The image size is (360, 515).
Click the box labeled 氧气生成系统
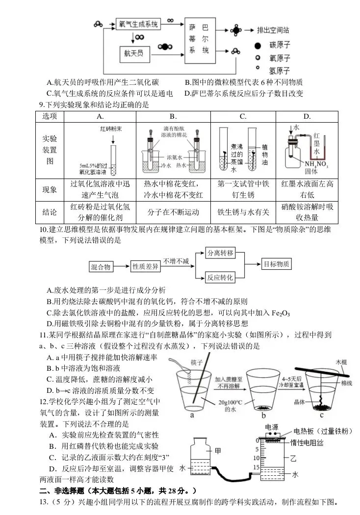(x=138, y=24)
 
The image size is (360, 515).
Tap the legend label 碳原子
(x=280, y=45)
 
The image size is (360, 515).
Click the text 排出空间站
(x=274, y=30)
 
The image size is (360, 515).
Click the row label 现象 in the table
(x=50, y=189)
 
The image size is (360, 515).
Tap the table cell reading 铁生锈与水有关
(x=243, y=212)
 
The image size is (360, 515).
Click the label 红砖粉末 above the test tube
(x=111, y=129)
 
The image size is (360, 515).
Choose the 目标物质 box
(x=277, y=264)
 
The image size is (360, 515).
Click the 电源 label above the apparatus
(x=271, y=427)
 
